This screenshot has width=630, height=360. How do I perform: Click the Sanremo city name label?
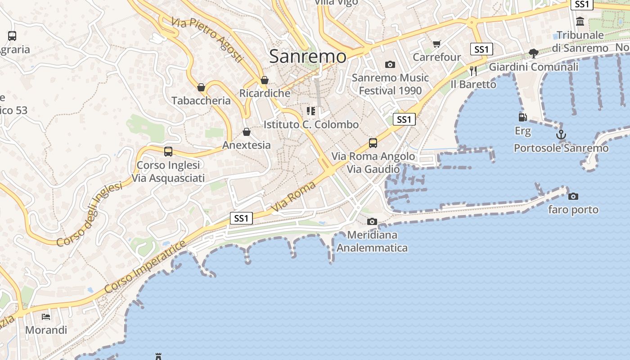pyautogui.click(x=308, y=57)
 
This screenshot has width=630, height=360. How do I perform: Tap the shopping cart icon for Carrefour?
pyautogui.click(x=436, y=44)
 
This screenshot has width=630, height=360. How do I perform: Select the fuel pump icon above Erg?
pyautogui.click(x=522, y=117)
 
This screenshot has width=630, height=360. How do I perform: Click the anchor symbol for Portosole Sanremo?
pyautogui.click(x=561, y=134)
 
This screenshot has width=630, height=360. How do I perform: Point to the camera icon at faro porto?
pyautogui.click(x=573, y=196)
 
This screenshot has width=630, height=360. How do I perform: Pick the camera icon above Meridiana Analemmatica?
pyautogui.click(x=372, y=221)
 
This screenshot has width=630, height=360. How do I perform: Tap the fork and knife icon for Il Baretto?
pyautogui.click(x=473, y=71)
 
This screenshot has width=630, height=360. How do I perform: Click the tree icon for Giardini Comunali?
pyautogui.click(x=534, y=54)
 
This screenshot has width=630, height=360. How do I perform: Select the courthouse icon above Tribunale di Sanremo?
pyautogui.click(x=580, y=21)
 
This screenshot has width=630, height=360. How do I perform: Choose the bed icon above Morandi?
pyautogui.click(x=46, y=316)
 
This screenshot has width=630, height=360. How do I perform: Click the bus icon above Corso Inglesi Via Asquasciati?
pyautogui.click(x=168, y=152)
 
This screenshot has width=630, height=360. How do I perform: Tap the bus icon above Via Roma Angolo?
pyautogui.click(x=373, y=143)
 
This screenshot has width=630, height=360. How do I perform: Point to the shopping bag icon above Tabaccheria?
pyautogui.click(x=201, y=87)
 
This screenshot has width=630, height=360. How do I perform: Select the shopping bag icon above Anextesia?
pyautogui.click(x=247, y=132)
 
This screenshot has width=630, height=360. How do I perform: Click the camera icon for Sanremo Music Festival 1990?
pyautogui.click(x=390, y=65)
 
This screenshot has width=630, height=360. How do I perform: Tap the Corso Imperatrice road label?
pyautogui.click(x=145, y=267)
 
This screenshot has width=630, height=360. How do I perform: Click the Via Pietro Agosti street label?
pyautogui.click(x=207, y=40)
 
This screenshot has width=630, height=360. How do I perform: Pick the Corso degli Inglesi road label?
pyautogui.click(x=90, y=214)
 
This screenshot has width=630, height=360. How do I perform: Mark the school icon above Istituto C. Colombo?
pyautogui.click(x=311, y=111)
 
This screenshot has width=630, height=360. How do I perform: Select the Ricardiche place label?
pyautogui.click(x=265, y=93)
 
